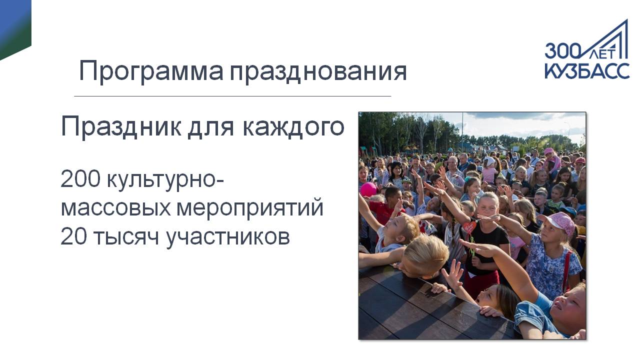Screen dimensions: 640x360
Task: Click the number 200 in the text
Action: click(80, 179)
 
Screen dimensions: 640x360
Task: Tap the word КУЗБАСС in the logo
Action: click(587, 70)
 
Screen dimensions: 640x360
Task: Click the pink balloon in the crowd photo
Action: click(368, 189)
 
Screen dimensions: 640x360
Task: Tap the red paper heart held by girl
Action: click(469, 227)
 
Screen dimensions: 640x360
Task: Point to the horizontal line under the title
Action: click(232, 96)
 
